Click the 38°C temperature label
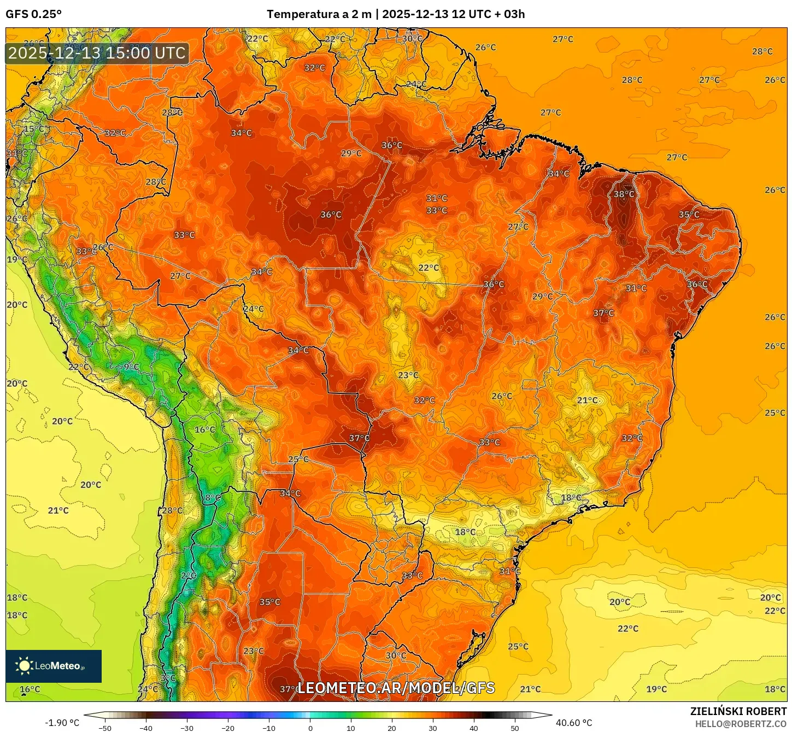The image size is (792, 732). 624,194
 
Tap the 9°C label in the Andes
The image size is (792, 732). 131,367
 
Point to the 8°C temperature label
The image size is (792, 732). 213,498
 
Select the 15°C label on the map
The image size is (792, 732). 33,129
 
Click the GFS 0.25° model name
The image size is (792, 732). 33,14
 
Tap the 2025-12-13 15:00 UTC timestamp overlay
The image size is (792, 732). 97,53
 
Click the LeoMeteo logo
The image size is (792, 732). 54,666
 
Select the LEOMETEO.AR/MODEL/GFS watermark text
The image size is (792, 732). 396,688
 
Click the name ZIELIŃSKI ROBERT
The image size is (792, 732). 738,711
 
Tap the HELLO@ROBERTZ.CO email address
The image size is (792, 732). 741,724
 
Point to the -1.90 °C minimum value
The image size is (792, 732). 62,723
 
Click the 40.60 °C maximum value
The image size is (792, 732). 574,723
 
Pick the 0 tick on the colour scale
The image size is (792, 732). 310,728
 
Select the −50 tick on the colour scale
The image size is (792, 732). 104,728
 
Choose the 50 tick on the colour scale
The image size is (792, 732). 515,728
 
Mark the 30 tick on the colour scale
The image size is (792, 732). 433,728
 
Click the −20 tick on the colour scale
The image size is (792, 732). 227,728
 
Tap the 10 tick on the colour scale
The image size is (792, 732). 351,728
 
